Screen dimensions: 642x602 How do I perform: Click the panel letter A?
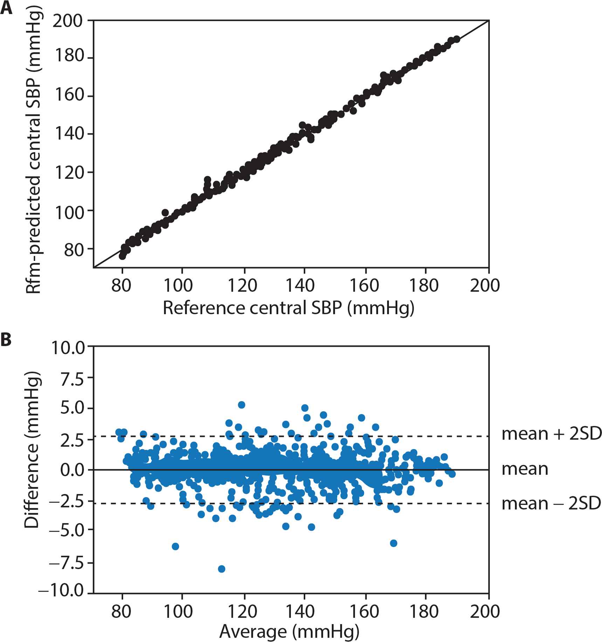pos(6,8)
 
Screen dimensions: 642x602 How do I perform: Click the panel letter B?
pos(6,340)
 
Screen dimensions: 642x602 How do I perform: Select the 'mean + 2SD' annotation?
pos(551,434)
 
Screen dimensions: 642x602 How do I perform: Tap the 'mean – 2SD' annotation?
pos(551,504)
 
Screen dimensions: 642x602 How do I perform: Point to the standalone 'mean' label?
pos(525,469)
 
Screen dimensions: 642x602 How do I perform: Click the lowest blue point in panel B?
pos(221,569)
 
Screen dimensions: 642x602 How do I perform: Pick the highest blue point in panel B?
pos(241,405)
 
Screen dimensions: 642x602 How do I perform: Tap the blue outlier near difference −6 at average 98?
pos(175,546)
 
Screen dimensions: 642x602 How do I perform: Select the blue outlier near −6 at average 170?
pos(394,543)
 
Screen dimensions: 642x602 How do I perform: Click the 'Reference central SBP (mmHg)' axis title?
pos(289,308)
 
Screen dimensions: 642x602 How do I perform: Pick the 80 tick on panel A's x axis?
pos(121,285)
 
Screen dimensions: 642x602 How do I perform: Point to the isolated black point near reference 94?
pos(165,212)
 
